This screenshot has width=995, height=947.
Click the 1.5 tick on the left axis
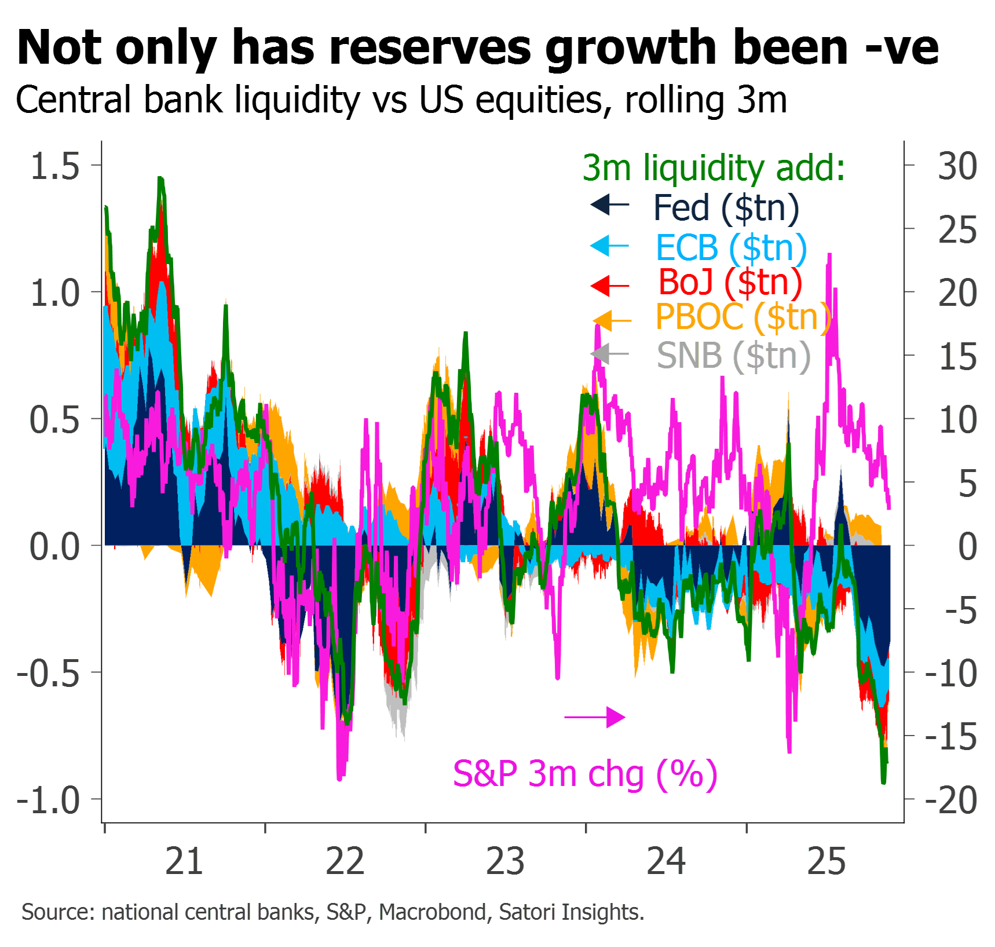(x=54, y=166)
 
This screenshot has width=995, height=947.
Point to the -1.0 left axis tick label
(x=49, y=800)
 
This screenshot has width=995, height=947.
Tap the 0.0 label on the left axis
(x=54, y=546)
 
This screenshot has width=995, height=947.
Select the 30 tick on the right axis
(x=957, y=166)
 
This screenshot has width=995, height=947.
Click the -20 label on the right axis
(x=951, y=800)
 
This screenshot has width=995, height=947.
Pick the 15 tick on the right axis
(x=957, y=356)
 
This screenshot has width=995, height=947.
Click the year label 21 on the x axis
(x=184, y=861)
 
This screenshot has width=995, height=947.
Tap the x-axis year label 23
(x=505, y=861)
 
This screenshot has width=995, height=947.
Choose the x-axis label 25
(x=826, y=861)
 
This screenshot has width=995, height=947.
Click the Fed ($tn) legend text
(x=726, y=207)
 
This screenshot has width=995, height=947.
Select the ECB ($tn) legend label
(x=731, y=247)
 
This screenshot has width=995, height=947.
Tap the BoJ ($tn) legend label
(x=730, y=282)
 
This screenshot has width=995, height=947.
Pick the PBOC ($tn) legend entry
(x=743, y=317)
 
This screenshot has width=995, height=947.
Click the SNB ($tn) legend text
(x=733, y=355)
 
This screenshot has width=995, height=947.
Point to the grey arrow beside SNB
(x=609, y=353)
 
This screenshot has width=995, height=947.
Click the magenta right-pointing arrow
(x=595, y=717)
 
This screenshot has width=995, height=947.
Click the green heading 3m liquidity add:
(x=714, y=168)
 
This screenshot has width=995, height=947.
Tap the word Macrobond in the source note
(x=433, y=912)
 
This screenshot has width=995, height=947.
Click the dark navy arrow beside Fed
(x=609, y=204)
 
